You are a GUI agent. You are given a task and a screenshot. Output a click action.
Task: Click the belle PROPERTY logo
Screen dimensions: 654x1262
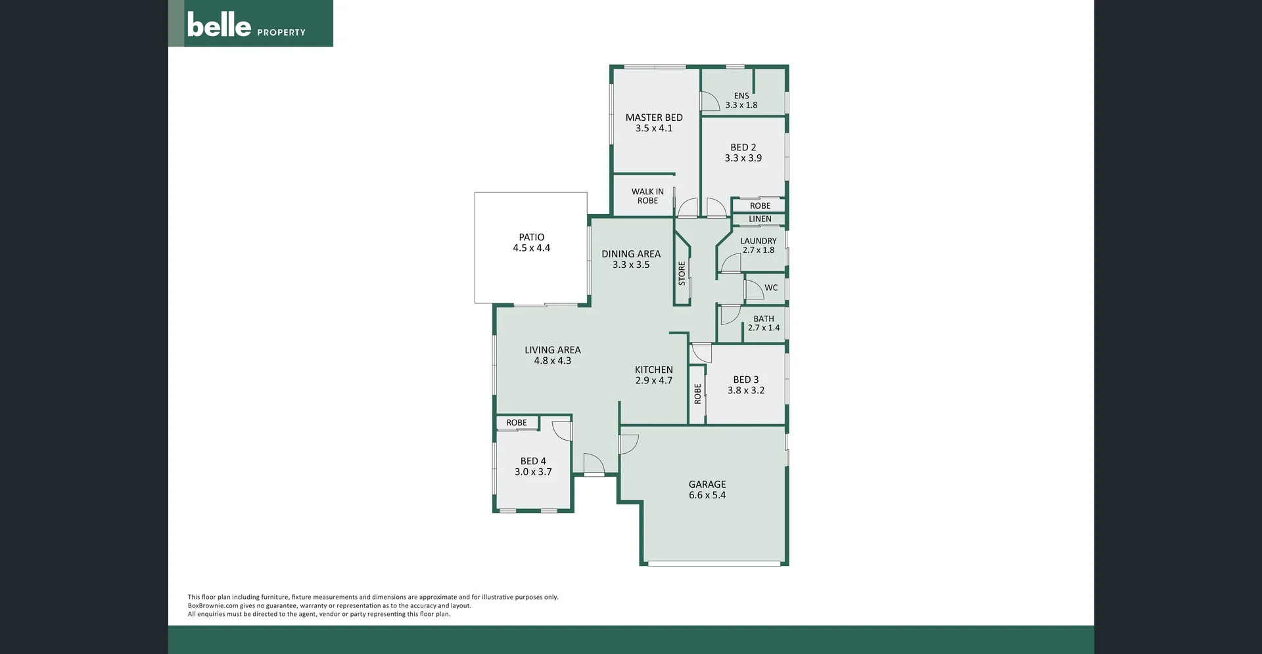click(247, 26)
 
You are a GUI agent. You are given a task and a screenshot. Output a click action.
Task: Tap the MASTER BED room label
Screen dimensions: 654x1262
click(654, 118)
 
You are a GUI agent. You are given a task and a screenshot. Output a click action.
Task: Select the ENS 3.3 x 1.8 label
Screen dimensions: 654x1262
click(741, 100)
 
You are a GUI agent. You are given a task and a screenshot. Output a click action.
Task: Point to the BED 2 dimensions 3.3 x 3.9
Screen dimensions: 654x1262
click(743, 158)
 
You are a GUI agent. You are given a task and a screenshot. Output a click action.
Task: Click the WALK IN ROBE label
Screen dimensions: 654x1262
click(647, 196)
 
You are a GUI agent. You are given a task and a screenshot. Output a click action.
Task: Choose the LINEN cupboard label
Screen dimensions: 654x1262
click(760, 219)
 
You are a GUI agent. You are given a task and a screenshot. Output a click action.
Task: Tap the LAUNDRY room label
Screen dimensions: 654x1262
click(759, 241)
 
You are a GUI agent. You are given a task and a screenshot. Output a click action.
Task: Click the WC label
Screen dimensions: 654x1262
click(771, 288)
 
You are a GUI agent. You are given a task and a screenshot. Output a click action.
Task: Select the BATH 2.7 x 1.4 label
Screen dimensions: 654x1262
click(764, 323)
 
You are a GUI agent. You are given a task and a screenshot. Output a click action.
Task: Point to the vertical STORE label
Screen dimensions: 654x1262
click(682, 273)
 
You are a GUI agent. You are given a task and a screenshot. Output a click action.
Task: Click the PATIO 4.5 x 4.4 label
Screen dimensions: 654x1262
click(532, 242)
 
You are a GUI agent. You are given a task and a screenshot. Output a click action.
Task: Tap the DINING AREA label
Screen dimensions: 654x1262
click(631, 254)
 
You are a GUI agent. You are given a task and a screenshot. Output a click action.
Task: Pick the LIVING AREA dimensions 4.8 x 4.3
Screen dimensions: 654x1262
click(553, 361)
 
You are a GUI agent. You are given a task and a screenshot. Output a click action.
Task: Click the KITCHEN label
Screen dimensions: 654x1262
click(654, 370)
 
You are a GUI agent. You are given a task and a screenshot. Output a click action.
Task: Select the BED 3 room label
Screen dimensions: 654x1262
click(746, 380)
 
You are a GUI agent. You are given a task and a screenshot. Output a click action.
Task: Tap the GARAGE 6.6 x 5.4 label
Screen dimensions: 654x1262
click(707, 490)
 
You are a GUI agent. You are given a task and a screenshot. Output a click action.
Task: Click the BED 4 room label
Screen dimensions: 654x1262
click(533, 461)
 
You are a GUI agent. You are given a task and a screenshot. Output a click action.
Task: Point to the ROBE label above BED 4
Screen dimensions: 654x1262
click(517, 423)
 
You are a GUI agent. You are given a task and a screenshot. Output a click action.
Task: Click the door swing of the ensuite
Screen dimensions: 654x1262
click(709, 102)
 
